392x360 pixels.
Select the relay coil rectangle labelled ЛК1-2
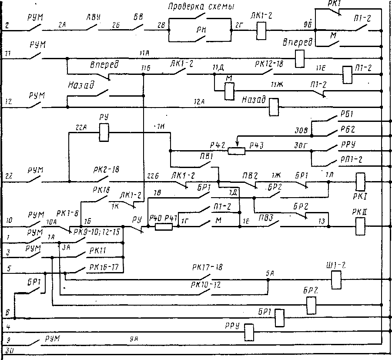(261, 30)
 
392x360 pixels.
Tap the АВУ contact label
(94, 17)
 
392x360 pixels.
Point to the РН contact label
(201, 31)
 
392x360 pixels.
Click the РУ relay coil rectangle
(104, 133)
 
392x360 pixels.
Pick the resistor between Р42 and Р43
(237, 151)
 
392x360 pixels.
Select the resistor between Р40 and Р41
(164, 226)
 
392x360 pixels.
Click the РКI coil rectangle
(360, 181)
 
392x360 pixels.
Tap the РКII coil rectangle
(360, 226)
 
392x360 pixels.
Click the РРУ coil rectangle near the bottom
(249, 333)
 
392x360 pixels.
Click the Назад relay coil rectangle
(274, 107)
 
